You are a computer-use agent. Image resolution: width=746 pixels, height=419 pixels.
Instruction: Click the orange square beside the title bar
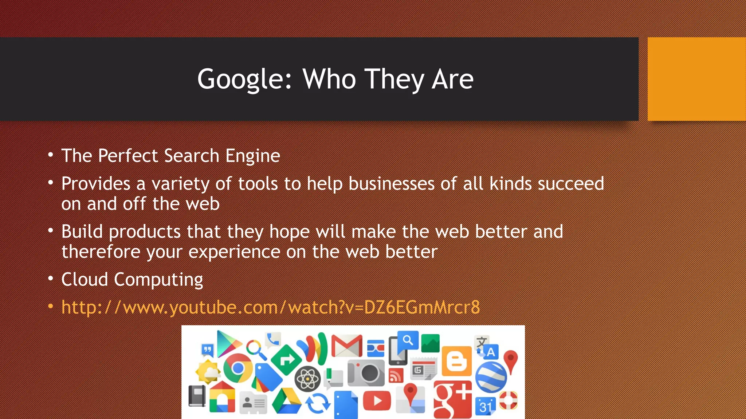click(696, 79)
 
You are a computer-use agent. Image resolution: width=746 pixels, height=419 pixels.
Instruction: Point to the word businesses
click(391, 183)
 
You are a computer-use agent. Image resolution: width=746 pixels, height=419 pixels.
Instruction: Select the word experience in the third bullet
click(234, 252)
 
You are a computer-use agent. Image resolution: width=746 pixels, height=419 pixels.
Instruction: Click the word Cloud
click(85, 279)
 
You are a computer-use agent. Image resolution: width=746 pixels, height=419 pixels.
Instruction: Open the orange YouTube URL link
click(270, 307)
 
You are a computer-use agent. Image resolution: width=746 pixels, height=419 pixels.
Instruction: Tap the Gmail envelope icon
click(346, 346)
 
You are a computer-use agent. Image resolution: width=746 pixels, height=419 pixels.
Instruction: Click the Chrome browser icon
click(237, 368)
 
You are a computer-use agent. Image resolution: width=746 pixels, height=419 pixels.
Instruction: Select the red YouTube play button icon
click(377, 401)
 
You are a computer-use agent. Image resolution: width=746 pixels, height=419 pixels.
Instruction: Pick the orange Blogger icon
click(456, 361)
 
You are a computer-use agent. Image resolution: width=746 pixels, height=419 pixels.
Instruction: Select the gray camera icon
click(366, 372)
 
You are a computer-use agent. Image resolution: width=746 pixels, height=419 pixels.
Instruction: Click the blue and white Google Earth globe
click(491, 377)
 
